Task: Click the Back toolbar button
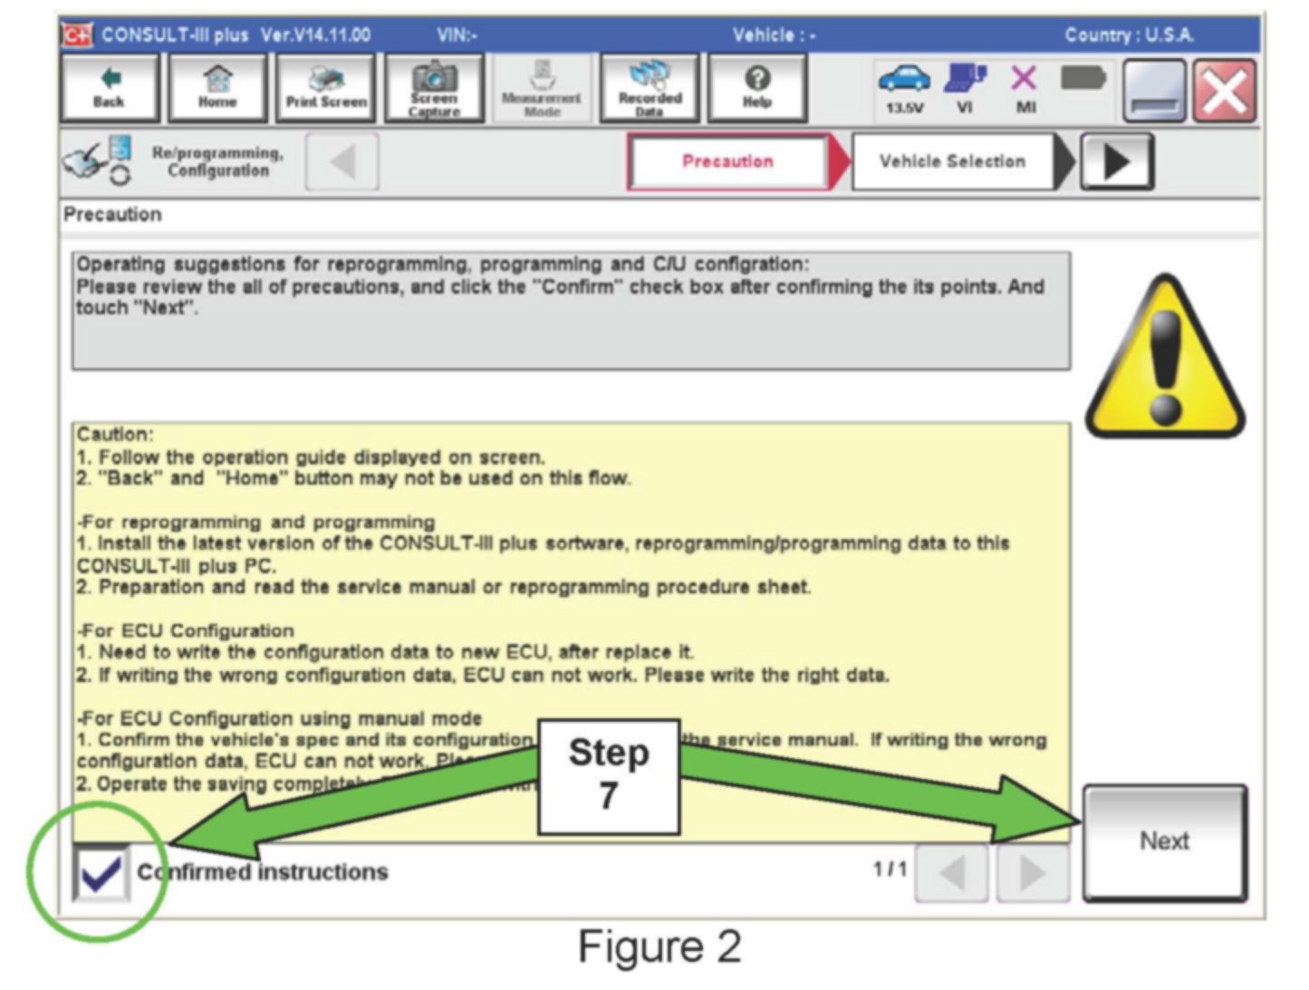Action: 109,88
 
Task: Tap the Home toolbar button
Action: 217,88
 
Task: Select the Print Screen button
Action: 326,88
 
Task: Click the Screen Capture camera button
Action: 434,88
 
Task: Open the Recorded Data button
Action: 650,88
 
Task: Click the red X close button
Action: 1224,91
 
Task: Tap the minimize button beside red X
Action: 1154,91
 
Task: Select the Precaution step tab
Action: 728,161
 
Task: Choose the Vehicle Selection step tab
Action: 952,161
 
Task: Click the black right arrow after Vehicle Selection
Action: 1117,162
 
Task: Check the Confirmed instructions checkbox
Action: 101,872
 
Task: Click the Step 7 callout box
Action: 609,775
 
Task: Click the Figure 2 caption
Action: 659,947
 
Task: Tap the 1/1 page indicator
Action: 890,870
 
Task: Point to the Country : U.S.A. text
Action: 1129,35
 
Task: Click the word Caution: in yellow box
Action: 115,435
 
